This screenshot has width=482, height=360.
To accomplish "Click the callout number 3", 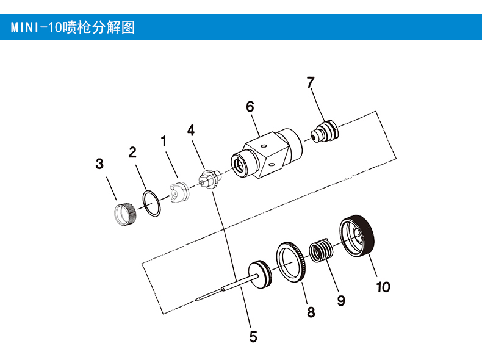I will [99, 164].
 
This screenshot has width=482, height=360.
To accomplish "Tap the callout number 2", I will [132, 153].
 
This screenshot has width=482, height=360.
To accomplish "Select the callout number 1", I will [164, 142].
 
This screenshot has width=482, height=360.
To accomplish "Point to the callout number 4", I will [191, 130].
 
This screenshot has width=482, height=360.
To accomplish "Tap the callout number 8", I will [311, 312].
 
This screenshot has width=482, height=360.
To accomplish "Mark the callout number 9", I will [341, 300].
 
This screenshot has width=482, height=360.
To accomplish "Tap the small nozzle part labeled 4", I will [207, 181].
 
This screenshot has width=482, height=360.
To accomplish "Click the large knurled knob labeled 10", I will [357, 236].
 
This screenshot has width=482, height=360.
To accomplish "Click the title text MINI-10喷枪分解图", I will [72, 28].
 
